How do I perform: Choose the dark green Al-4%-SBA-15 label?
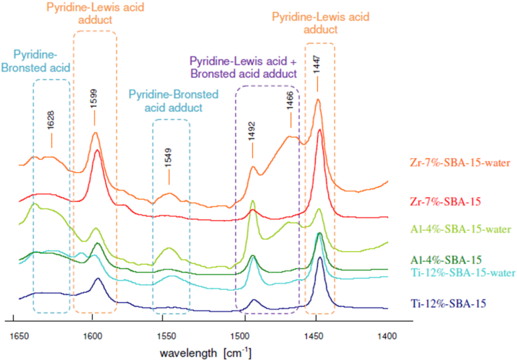pos(446,260)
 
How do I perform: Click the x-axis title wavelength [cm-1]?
pos(206,354)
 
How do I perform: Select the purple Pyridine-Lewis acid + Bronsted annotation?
pos(243,67)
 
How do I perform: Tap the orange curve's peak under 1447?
pos(318,100)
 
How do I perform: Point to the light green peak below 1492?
pos(252,201)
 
